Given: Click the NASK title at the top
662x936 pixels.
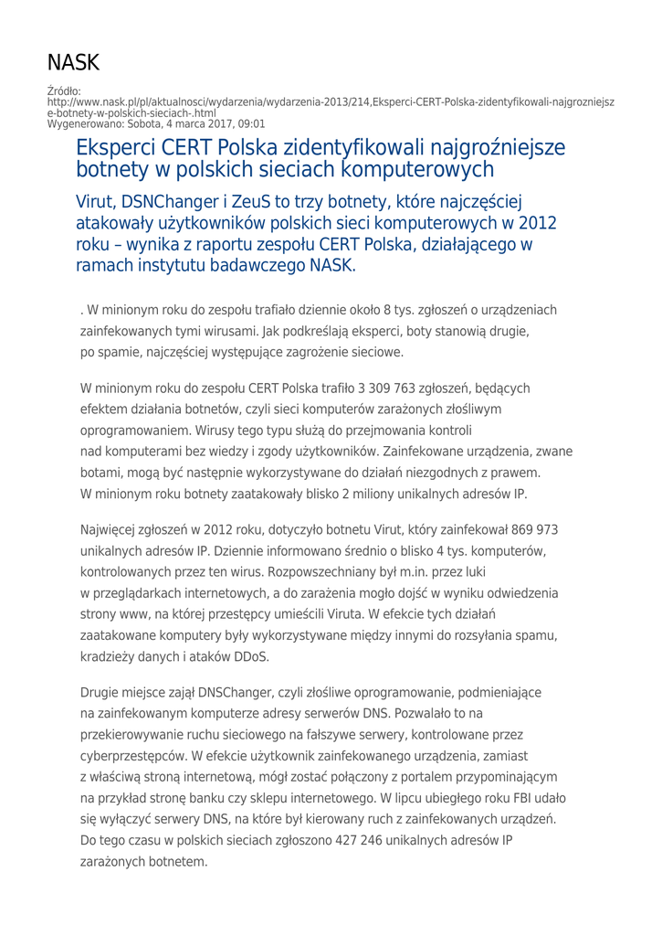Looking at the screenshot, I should [73, 63].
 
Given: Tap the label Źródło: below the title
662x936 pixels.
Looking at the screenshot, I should [64, 91].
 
